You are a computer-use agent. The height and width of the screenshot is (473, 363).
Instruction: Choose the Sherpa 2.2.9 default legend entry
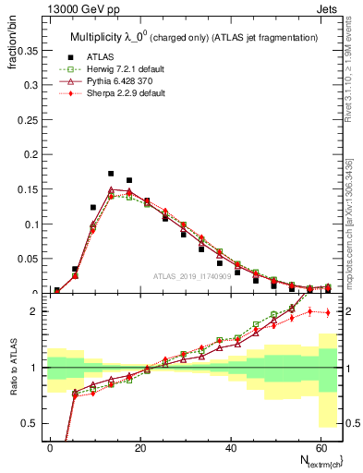point(113,93)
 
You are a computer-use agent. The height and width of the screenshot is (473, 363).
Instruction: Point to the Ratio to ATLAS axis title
point(16,389)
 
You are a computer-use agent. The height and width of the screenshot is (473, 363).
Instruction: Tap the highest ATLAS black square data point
point(111,174)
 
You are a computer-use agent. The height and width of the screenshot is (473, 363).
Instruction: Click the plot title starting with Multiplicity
point(194,36)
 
